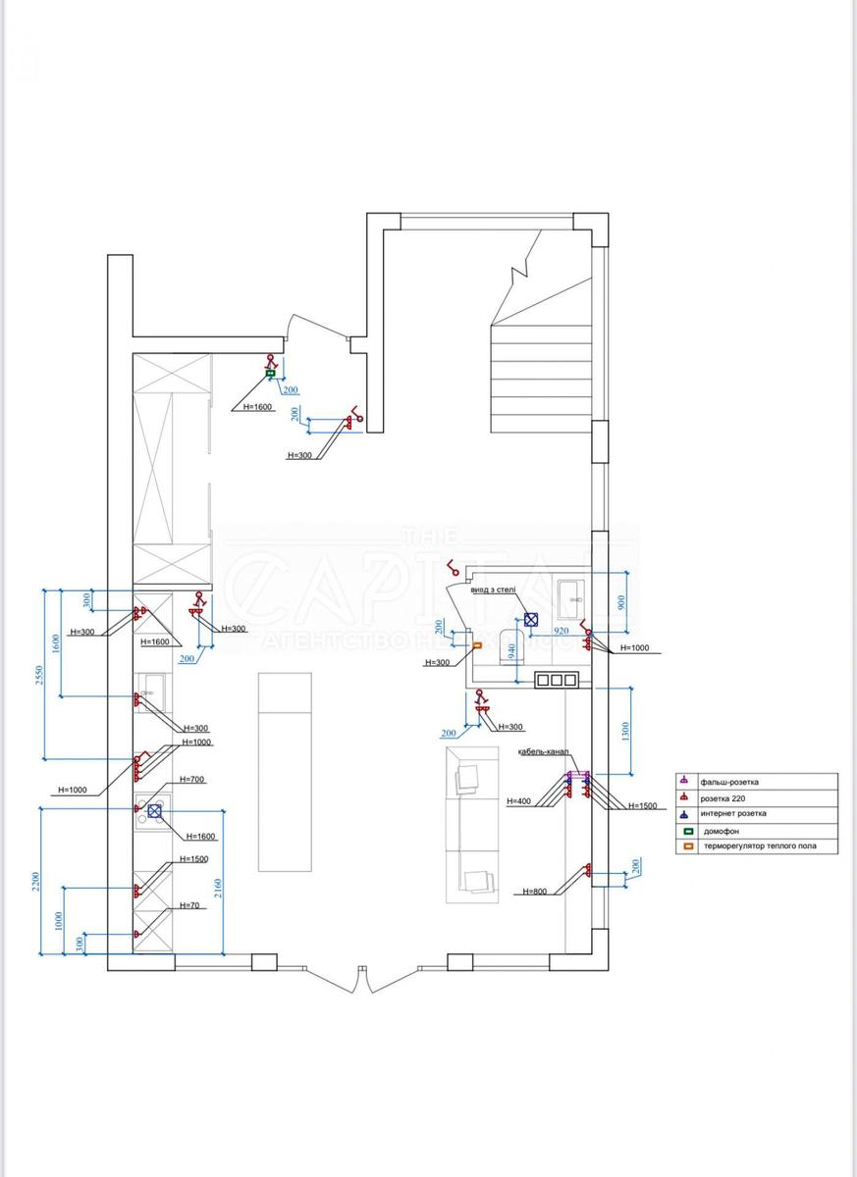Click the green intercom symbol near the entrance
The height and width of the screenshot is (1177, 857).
[x=270, y=374]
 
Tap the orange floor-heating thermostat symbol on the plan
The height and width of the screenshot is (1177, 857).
[x=476, y=644]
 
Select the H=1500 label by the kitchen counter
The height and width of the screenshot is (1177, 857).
[x=194, y=859]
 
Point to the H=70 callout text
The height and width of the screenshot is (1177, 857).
[x=190, y=905]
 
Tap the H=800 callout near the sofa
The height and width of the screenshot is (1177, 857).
[x=535, y=892]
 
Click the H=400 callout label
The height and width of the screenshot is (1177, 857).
[x=518, y=801]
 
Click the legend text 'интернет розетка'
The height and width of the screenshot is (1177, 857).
[x=733, y=813]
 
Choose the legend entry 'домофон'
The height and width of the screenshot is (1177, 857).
[x=721, y=830]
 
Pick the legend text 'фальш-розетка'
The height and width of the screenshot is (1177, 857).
[x=729, y=782]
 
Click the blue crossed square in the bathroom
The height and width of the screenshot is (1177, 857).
[x=531, y=620]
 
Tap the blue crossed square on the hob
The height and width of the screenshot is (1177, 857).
[x=154, y=810]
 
